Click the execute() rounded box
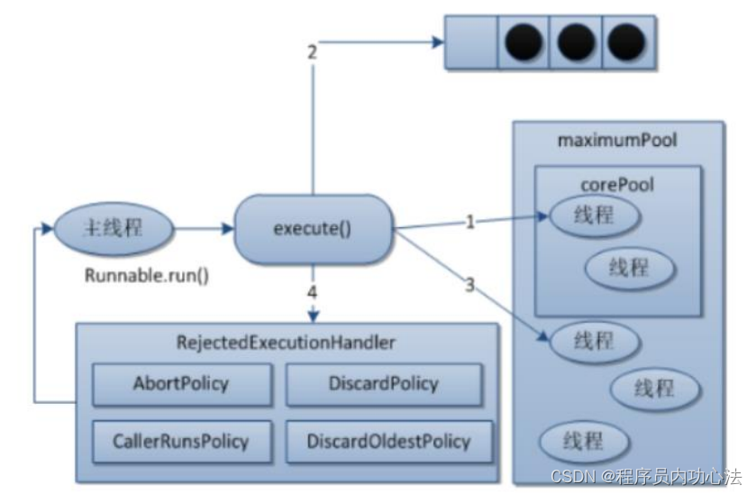coord(314,229)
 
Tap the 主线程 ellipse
coord(114,228)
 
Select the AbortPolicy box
coord(182,384)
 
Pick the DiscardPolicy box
coord(384,384)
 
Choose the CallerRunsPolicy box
coord(182,442)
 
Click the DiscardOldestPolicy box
coord(389,442)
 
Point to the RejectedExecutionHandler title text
coord(286,343)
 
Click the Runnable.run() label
coord(147,276)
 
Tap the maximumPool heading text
coord(617,141)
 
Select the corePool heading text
coord(617,185)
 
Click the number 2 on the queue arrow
coord(313,52)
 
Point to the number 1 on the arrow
coord(470,222)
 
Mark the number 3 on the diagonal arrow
coord(470,285)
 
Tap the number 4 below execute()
coord(313,292)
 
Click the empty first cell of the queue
coord(470,42)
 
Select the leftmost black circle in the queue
coord(524,42)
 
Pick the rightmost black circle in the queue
coord(626,42)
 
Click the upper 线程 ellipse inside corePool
coord(595,215)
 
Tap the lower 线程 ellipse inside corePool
coord(630,268)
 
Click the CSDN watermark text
coord(646,477)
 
